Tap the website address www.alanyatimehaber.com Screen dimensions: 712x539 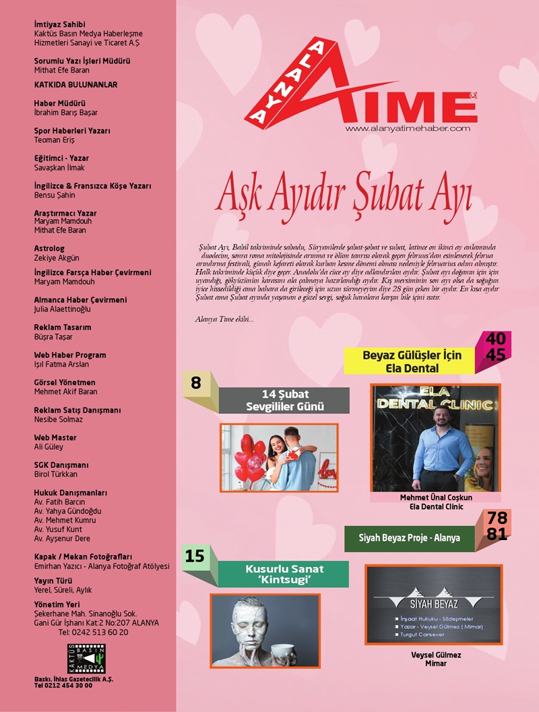pyautogui.click(x=406, y=128)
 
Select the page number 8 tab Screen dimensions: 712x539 pyautogui.click(x=196, y=383)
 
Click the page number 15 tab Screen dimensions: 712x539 pyautogui.click(x=195, y=556)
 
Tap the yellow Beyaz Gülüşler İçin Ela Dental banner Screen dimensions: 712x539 pyautogui.click(x=412, y=361)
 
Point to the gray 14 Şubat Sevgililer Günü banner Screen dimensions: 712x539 pyautogui.click(x=284, y=400)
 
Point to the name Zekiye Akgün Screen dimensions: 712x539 pyautogui.click(x=57, y=258)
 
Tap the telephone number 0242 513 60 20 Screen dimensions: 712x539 pyautogui.click(x=93, y=632)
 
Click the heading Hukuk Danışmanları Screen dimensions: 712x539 pyautogui.click(x=70, y=493)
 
